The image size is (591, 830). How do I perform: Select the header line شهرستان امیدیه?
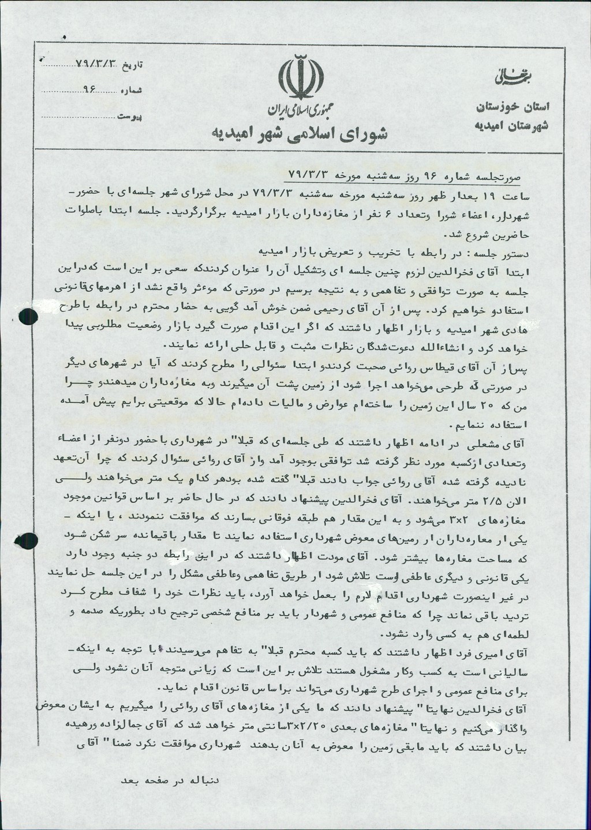pos(513,125)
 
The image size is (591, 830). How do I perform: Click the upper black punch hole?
pos(27,317)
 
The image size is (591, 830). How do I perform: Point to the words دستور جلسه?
pos(502,253)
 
